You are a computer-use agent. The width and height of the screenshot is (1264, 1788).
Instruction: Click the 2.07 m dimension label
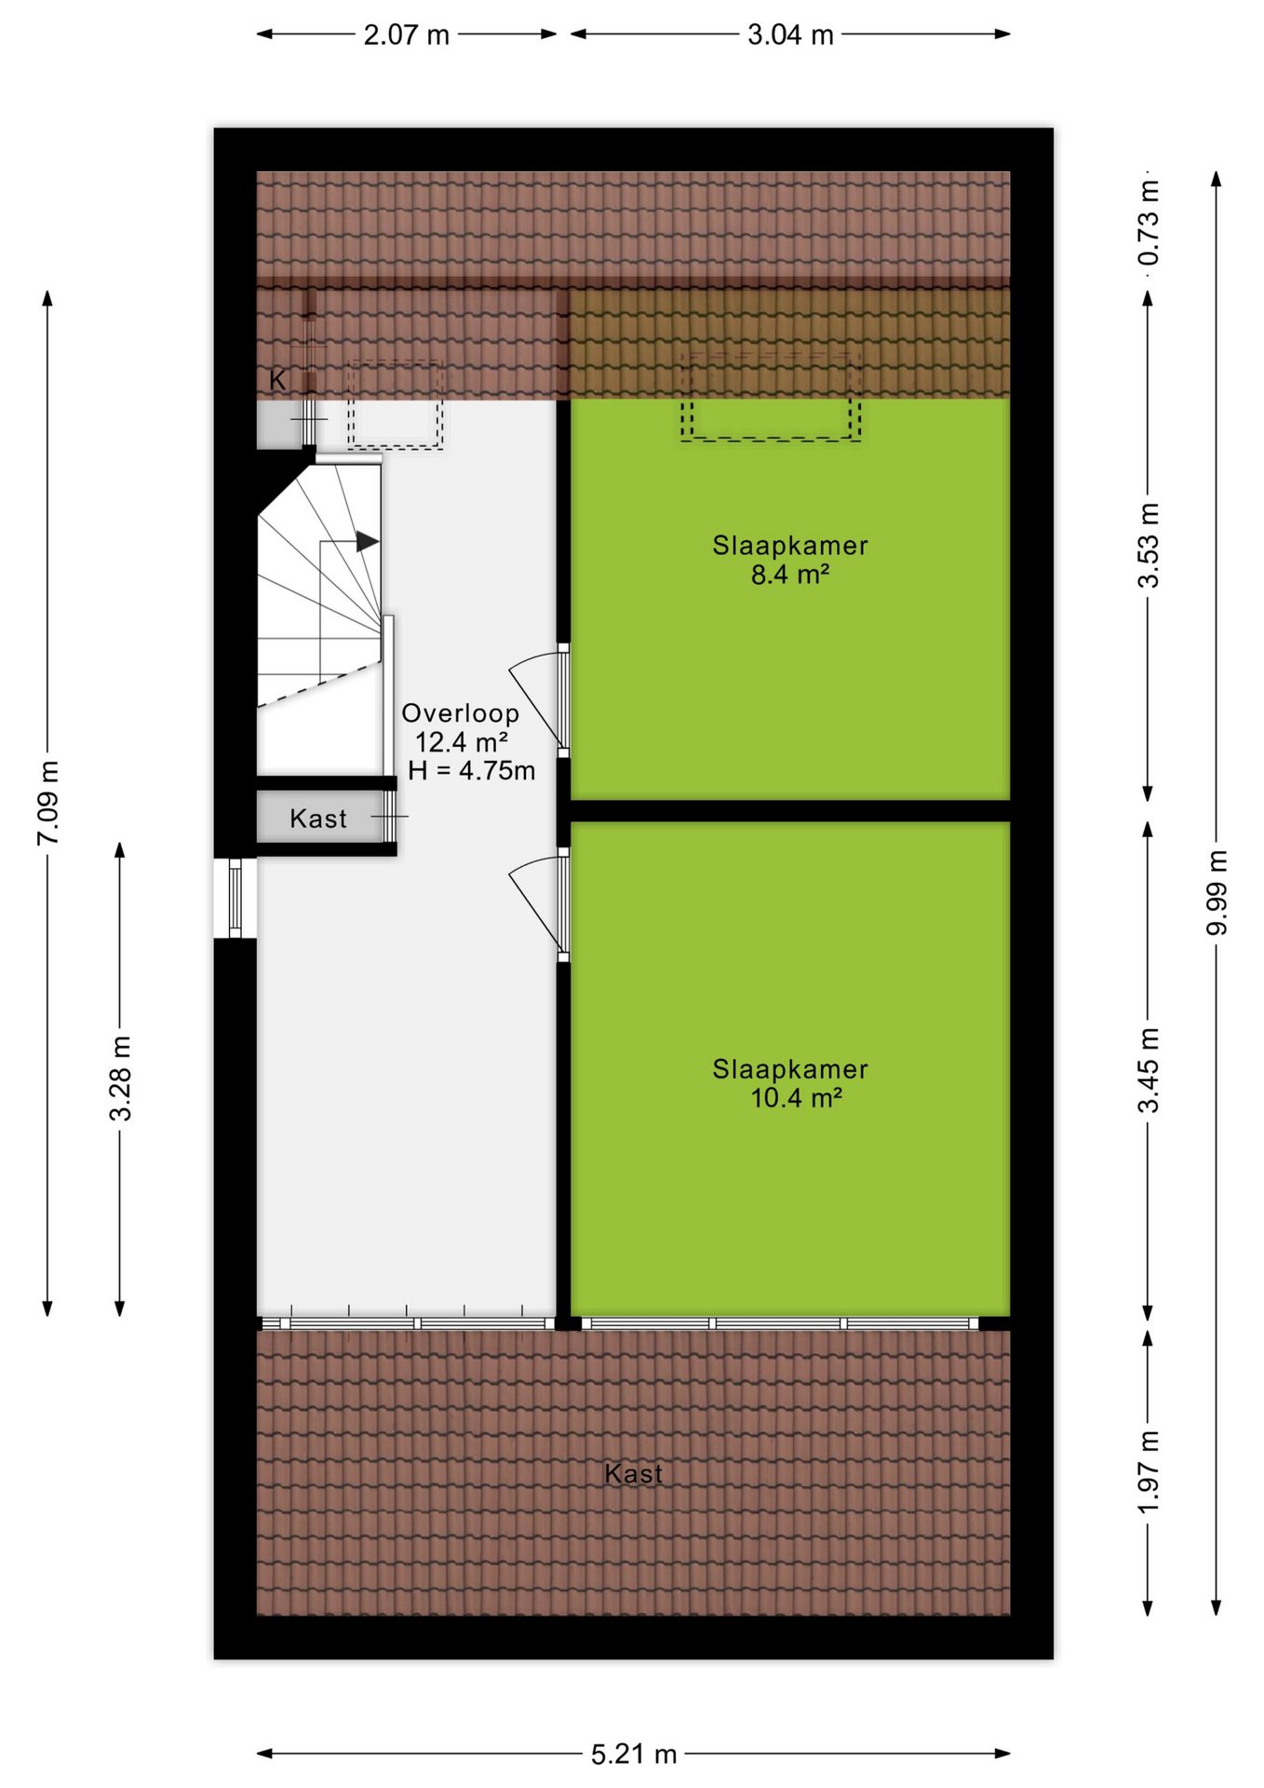coord(406,35)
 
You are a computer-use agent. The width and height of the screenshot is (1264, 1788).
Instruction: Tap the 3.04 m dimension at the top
coord(790,35)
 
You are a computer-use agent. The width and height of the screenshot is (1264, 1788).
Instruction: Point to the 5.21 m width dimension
coord(634,1754)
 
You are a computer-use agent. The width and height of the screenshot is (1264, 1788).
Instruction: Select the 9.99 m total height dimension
coord(1217,892)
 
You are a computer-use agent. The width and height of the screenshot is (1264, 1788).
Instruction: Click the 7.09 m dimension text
coord(48,803)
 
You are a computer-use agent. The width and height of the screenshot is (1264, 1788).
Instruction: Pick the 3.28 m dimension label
coord(120,1078)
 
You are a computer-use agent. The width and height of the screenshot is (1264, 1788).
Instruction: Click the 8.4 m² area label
coord(790,575)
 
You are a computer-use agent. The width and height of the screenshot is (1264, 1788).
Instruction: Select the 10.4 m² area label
coord(796,1098)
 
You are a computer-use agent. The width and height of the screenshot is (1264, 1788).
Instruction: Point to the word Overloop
coord(461,713)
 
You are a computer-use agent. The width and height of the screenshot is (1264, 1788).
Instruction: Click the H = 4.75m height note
coord(471,770)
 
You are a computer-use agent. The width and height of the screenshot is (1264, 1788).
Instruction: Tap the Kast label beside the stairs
coord(318,819)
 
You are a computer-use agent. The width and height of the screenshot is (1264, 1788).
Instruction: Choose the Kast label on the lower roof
coord(634,1473)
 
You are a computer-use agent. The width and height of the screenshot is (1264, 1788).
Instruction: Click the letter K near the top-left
coord(277,380)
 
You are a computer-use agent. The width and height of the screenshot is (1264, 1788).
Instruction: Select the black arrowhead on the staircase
coord(368,541)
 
